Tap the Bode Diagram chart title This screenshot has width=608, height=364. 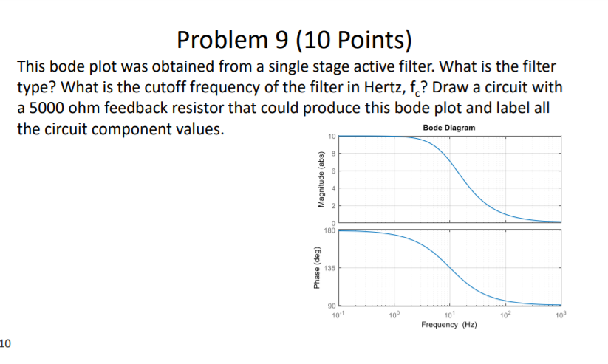point(450,128)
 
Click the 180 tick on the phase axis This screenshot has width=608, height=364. point(330,230)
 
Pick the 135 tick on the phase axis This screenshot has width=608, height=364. point(330,268)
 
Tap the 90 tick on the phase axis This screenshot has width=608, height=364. point(332,306)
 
